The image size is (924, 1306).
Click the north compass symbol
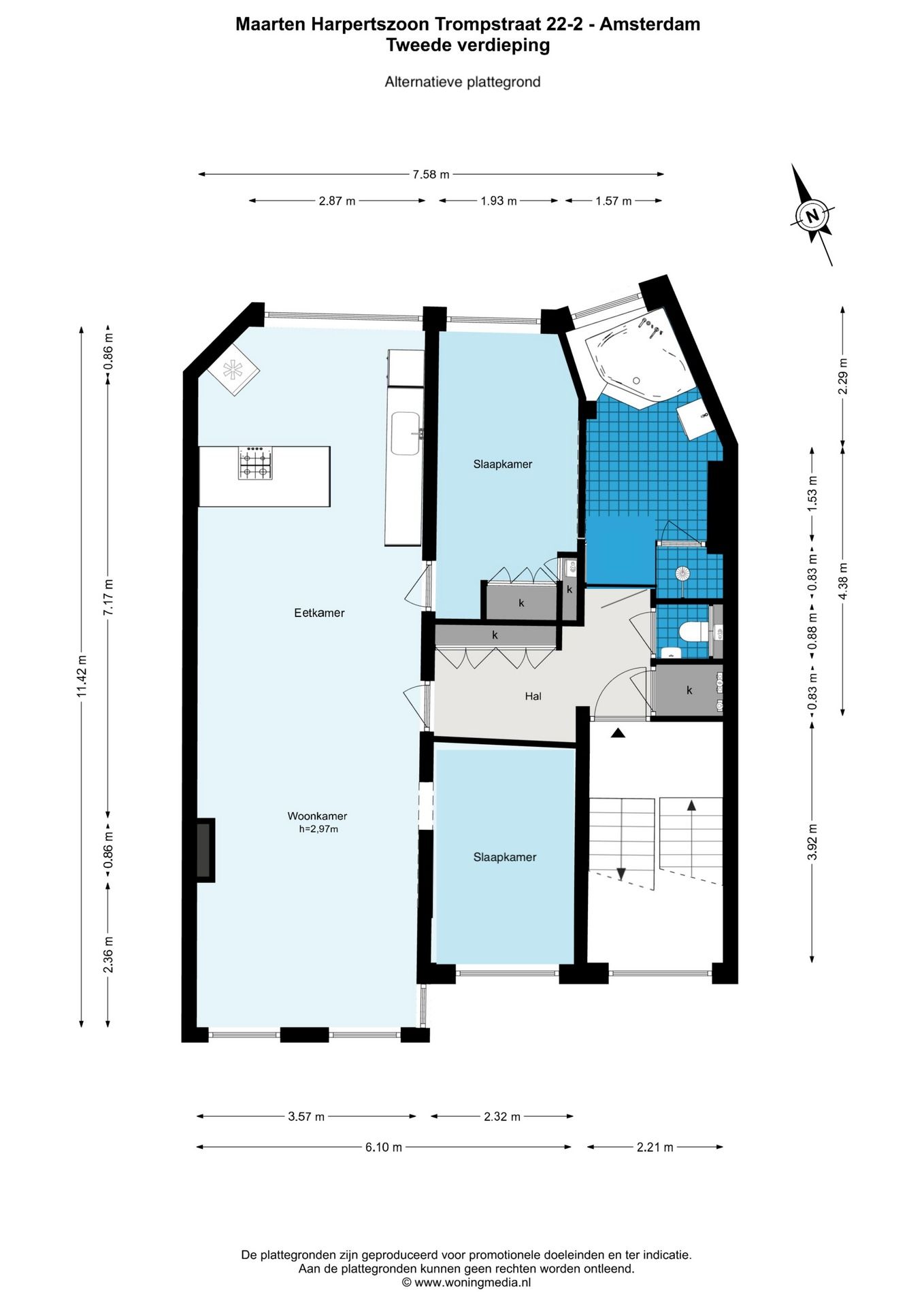coord(812,215)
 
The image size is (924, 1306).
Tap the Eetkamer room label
coord(319,613)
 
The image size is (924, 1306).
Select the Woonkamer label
coord(317,816)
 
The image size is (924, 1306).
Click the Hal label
coord(533,697)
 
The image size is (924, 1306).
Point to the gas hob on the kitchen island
coord(254,463)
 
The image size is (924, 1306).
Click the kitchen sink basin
coord(406,433)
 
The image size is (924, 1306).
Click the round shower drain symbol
coord(683,573)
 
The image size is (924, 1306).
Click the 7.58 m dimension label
coord(431,175)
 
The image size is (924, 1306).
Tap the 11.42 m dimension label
coord(82,676)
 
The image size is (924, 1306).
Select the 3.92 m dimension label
coord(812,842)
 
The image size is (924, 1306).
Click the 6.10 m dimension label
coord(384,1148)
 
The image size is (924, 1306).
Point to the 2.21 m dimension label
coord(655,1148)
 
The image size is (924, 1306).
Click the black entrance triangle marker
coord(618,733)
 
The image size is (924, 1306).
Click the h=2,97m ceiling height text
coord(318,829)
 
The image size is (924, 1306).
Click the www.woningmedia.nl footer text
coord(472,1283)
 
